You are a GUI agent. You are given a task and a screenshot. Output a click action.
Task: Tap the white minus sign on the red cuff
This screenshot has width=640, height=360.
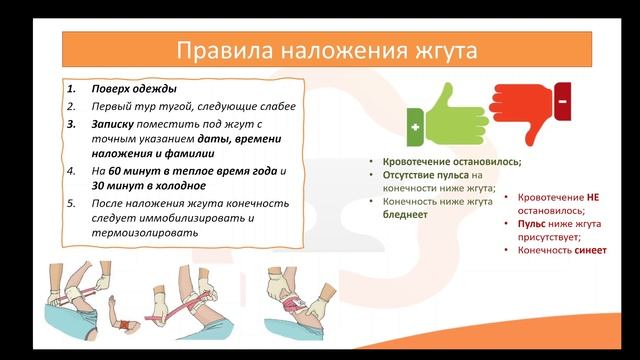[x=563, y=102]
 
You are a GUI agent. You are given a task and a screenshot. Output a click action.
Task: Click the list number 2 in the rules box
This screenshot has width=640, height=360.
[x=71, y=106]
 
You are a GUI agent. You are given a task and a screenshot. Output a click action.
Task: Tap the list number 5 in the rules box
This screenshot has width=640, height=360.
[x=71, y=203]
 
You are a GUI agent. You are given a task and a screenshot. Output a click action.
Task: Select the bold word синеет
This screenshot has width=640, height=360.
[x=590, y=250]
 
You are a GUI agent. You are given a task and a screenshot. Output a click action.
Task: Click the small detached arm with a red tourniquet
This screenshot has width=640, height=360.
[x=121, y=325]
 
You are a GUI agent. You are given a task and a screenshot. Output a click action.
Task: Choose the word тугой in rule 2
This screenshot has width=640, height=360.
[x=160, y=106]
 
